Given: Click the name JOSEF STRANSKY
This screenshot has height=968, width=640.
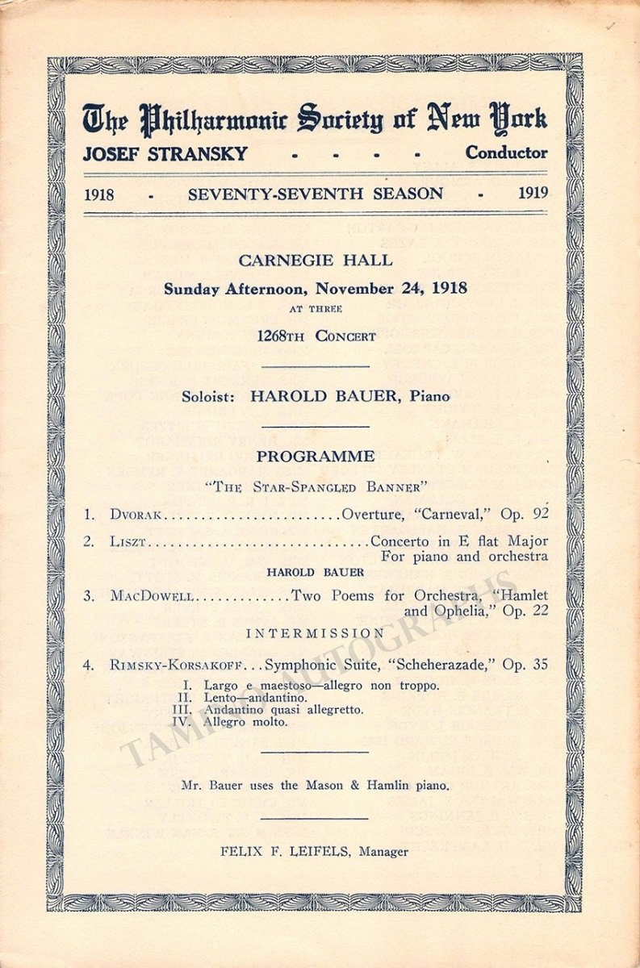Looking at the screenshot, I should [165, 153].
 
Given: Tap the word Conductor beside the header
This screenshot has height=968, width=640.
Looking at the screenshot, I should [506, 152].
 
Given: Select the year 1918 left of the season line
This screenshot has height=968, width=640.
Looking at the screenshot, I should [98, 194].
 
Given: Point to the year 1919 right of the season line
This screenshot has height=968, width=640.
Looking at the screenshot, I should [533, 194].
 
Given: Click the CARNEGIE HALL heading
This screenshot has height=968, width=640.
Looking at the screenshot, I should [316, 261].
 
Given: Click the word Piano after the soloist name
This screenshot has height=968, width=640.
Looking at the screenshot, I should [428, 396].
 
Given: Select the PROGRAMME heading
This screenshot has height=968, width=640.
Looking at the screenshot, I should [316, 457].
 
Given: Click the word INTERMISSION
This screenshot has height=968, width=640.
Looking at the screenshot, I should [316, 634].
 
